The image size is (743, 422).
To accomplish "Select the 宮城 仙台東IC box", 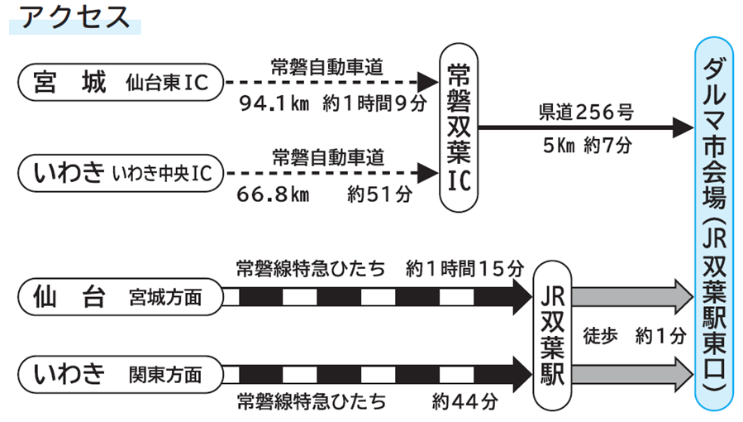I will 119,82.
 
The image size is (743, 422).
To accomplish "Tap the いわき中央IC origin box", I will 119,174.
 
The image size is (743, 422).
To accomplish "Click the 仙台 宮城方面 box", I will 119,296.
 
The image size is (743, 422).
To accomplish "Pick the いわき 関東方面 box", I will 119,374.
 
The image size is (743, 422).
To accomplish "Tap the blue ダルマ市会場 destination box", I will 712,223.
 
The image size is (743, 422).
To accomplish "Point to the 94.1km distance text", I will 274,104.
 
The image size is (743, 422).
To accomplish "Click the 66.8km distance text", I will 273,195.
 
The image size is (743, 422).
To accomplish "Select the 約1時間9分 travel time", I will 378,104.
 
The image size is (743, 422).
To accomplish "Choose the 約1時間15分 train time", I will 465,269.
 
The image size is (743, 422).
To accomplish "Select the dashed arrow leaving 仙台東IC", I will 331,82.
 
